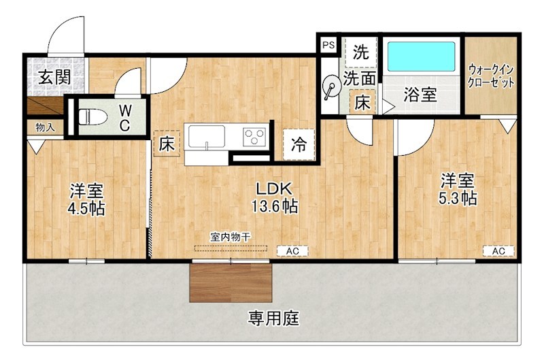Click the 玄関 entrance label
(54, 76)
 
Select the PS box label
(328, 45)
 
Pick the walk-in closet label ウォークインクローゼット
(491, 76)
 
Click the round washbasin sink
(331, 87)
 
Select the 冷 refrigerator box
(299, 144)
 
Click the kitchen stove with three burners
(256, 136)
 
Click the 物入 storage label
(44, 127)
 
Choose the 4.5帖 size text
(86, 208)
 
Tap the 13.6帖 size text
(277, 206)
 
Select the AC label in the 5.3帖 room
(498, 251)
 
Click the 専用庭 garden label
(274, 318)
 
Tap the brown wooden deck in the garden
(231, 282)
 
